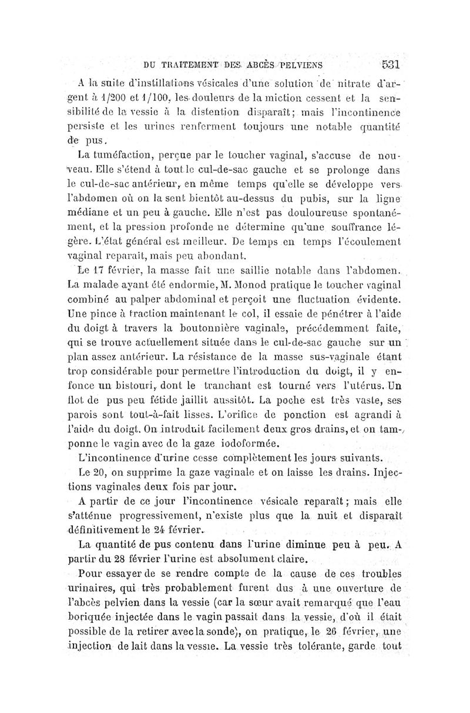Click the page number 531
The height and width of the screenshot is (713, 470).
[x=389, y=63]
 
